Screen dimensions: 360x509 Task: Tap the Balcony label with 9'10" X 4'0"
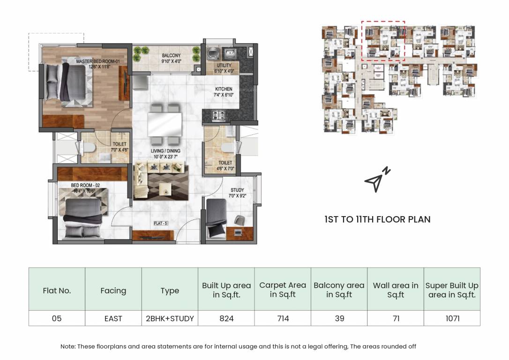coord(171,58)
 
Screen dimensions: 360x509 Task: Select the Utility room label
coord(224,68)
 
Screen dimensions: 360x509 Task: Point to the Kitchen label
coord(224,92)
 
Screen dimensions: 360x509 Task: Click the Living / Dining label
coord(165,154)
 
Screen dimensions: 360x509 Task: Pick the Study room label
coord(237,193)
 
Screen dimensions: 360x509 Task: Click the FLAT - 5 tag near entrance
coord(161,224)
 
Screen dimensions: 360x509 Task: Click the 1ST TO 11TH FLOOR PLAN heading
coord(377,219)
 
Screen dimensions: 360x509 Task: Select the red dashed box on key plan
coord(383,41)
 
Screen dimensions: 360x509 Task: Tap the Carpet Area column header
coord(283,290)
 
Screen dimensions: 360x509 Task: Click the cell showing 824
coord(226,318)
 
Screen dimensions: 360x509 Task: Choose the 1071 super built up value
coord(452,318)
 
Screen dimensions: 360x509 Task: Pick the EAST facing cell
coord(113,318)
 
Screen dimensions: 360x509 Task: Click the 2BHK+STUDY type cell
coord(170,318)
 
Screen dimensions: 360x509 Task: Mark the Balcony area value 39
coord(339,318)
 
